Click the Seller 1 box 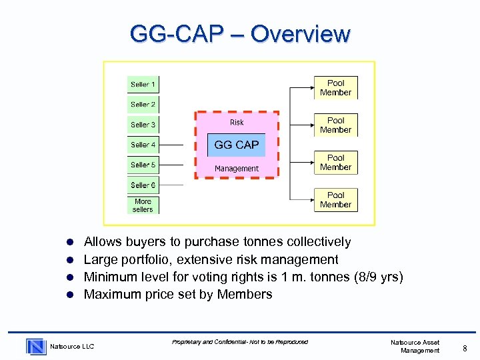coord(143,85)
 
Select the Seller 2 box coord(143,105)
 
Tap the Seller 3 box coord(143,125)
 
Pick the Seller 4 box coord(143,145)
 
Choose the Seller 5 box coord(143,165)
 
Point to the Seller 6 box coord(143,185)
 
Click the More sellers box coord(143,205)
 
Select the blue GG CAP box coord(237,145)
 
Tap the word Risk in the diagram coord(237,122)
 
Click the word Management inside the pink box coord(237,169)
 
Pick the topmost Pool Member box coord(336,88)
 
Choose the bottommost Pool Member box coord(336,200)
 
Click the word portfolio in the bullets coord(148,259)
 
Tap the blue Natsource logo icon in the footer coord(36,346)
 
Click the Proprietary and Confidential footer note coord(240,342)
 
